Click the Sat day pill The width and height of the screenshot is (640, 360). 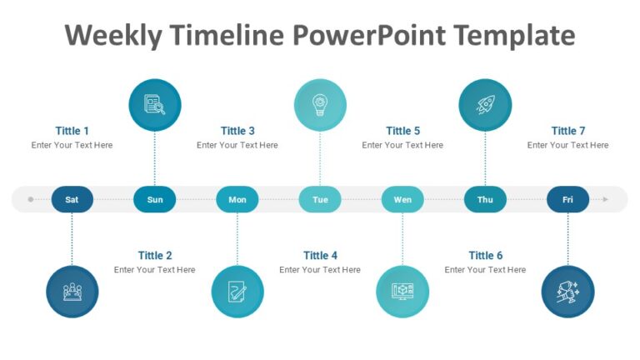[x=72, y=199]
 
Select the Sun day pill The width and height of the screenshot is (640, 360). [x=155, y=199]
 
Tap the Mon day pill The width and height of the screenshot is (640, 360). [x=237, y=199]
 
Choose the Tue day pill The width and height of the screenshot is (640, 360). [x=320, y=199]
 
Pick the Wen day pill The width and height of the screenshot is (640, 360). [x=402, y=199]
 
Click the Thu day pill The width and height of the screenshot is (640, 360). [x=485, y=199]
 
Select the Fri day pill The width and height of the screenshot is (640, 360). [x=567, y=199]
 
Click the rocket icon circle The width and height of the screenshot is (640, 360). [x=485, y=105]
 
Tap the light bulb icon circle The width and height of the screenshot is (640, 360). [x=320, y=105]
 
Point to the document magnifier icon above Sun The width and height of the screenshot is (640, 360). [x=155, y=105]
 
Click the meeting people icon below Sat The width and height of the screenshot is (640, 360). [x=72, y=292]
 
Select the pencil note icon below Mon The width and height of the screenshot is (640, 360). [x=237, y=292]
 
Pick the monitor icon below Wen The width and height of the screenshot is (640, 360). [x=402, y=292]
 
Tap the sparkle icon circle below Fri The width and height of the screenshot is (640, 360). [x=567, y=292]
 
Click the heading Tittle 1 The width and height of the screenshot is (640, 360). [x=72, y=131]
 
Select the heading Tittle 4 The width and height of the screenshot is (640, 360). [x=320, y=255]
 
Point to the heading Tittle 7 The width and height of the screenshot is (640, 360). [x=567, y=131]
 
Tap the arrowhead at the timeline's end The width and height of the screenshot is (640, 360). [x=606, y=199]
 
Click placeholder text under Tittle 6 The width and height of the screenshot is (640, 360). [x=485, y=269]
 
